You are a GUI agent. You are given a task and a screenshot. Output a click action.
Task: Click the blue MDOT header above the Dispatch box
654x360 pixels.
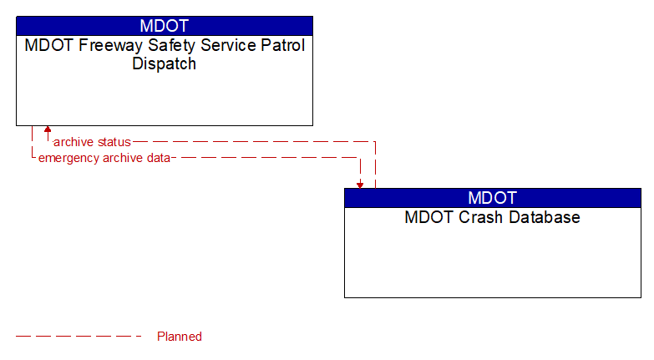click(165, 25)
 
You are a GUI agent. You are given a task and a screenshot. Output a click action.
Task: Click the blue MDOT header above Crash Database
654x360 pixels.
click(492, 198)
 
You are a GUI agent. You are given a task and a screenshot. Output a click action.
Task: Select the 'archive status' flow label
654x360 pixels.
click(92, 142)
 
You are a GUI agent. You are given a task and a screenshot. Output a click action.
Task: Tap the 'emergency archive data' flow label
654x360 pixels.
click(104, 157)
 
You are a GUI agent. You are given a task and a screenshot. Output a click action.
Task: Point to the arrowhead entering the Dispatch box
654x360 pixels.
click(48, 130)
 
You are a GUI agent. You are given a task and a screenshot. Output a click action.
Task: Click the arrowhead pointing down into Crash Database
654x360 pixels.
click(360, 184)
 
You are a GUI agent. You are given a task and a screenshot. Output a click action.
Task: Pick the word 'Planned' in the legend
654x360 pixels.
click(180, 337)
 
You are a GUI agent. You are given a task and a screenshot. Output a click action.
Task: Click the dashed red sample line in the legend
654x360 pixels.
click(79, 337)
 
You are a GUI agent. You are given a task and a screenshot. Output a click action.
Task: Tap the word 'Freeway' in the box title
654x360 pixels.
click(105, 46)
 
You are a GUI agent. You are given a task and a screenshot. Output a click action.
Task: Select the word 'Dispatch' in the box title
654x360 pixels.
click(165, 64)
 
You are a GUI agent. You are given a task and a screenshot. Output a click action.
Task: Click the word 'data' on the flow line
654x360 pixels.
click(158, 157)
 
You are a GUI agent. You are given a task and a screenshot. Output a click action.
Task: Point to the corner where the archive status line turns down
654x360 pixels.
click(375, 142)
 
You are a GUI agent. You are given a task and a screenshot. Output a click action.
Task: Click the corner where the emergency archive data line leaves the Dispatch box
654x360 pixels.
click(32, 157)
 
